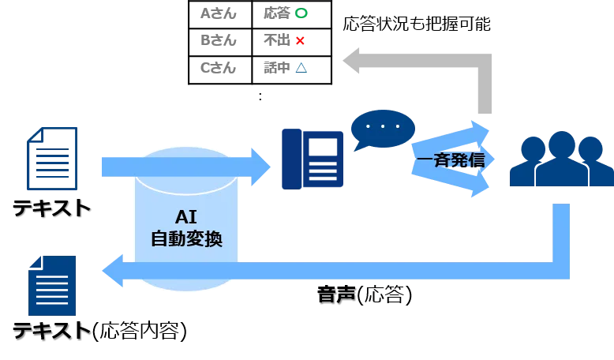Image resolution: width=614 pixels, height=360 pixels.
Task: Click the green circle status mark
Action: (301, 13)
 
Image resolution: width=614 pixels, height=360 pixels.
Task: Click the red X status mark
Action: (301, 40)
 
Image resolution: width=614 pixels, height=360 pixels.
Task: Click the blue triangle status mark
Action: (301, 68)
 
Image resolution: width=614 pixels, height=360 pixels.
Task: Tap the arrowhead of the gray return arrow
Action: (351, 60)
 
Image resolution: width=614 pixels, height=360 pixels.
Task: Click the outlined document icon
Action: (54, 160)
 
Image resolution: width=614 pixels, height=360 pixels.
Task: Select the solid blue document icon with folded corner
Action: (51, 285)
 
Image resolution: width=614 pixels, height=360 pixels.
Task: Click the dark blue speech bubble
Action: (383, 129)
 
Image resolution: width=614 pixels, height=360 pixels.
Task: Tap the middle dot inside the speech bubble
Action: (383, 126)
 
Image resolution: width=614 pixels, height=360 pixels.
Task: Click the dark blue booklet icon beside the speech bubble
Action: (313, 159)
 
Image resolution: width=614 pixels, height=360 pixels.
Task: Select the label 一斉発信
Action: (451, 160)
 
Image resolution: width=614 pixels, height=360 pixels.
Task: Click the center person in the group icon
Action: (561, 146)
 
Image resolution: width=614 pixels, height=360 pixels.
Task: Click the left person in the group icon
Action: (533, 150)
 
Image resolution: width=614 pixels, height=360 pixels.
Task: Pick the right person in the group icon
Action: (590, 150)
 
